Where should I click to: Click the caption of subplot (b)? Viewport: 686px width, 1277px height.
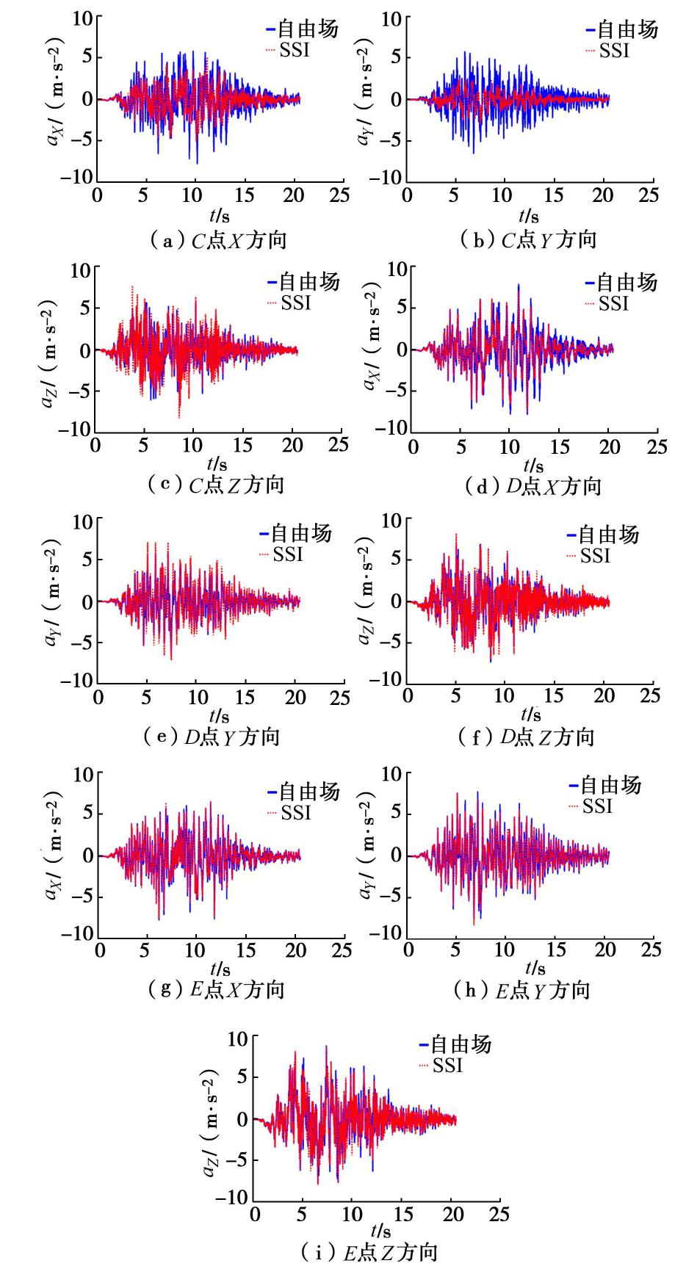[527, 240]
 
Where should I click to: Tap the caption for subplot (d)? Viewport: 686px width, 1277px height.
[532, 486]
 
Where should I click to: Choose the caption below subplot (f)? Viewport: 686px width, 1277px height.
[525, 737]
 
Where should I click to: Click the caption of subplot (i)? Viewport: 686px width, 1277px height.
[369, 1252]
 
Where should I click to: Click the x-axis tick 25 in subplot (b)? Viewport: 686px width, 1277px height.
[648, 195]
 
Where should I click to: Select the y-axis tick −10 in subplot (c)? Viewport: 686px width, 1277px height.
[76, 428]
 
